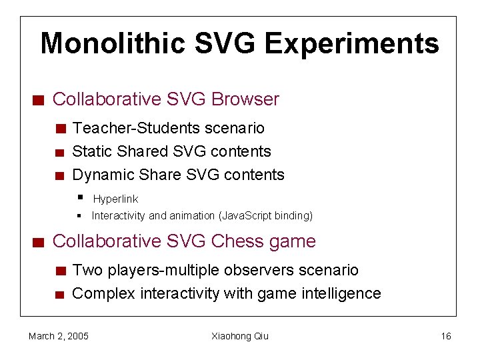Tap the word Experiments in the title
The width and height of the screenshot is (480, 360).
point(351,44)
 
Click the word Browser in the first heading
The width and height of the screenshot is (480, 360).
point(245,99)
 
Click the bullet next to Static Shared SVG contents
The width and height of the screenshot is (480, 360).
point(60,153)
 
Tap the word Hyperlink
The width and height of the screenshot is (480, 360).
point(115,199)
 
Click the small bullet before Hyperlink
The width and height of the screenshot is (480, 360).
point(79,197)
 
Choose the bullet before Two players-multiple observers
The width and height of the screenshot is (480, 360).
point(60,271)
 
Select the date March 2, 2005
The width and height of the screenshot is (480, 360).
point(59,336)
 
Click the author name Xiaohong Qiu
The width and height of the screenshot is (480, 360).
point(240,336)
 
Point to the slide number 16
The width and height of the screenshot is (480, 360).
point(446,336)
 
